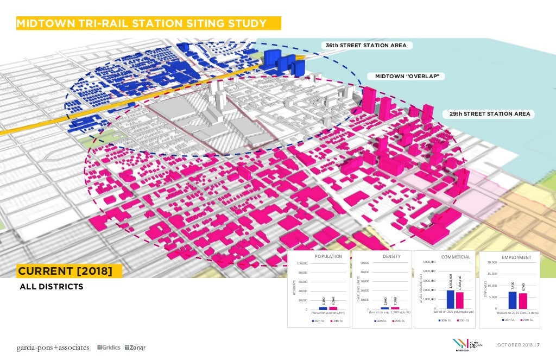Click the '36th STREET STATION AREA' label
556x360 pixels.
[366, 45]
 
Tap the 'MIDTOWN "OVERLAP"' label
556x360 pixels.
[407, 77]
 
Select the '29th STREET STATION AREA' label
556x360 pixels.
[490, 114]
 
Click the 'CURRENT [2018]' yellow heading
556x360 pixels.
[65, 270]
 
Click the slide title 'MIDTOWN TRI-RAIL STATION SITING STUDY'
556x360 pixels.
[142, 23]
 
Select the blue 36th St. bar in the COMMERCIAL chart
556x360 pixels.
[450, 299]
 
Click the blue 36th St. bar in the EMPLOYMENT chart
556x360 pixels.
[512, 300]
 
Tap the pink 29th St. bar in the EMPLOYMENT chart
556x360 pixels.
[522, 301]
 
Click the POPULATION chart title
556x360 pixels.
[328, 256]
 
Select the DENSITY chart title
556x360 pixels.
[391, 256]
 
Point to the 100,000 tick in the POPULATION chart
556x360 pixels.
[303, 264]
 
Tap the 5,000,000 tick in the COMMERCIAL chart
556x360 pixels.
[429, 262]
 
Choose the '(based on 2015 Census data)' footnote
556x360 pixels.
[517, 313]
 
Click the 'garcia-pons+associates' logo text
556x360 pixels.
[52, 348]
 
